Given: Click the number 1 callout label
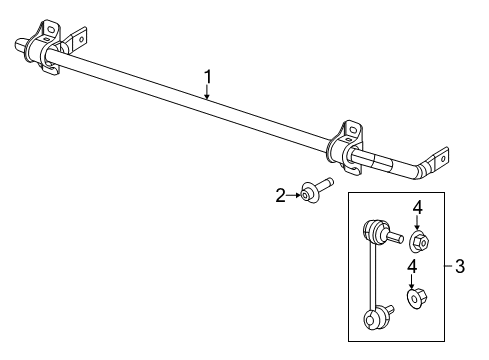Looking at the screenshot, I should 207,75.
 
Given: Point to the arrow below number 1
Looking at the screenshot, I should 207,92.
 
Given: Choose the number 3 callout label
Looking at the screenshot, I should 459,265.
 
